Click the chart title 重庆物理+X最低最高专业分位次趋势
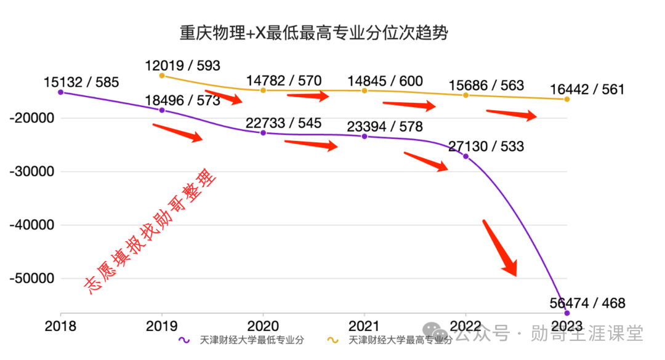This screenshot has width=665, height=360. point(314,33)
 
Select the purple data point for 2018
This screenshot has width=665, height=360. point(60,92)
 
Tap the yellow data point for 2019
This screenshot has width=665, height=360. point(162,76)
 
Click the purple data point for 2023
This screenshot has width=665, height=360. point(567,313)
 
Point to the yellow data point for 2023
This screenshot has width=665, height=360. point(567,99)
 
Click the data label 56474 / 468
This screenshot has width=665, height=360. point(587,303)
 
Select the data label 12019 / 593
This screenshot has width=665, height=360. point(182,66)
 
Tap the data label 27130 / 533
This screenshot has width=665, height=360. point(486,146)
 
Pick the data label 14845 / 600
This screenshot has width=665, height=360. point(385,81)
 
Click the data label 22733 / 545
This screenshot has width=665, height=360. point(284,123)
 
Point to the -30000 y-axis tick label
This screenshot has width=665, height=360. point(32,172)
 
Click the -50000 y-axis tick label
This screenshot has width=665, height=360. point(32,279)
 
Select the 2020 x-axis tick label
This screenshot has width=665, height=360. point(263,326)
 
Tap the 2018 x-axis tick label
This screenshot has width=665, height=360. point(60,326)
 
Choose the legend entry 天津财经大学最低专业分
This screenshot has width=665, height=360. point(241,340)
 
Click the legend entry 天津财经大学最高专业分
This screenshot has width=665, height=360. point(390,340)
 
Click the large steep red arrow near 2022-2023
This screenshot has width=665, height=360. point(501,249)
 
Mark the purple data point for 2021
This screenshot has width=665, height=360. point(365,137)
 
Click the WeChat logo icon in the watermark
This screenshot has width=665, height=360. point(435,331)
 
